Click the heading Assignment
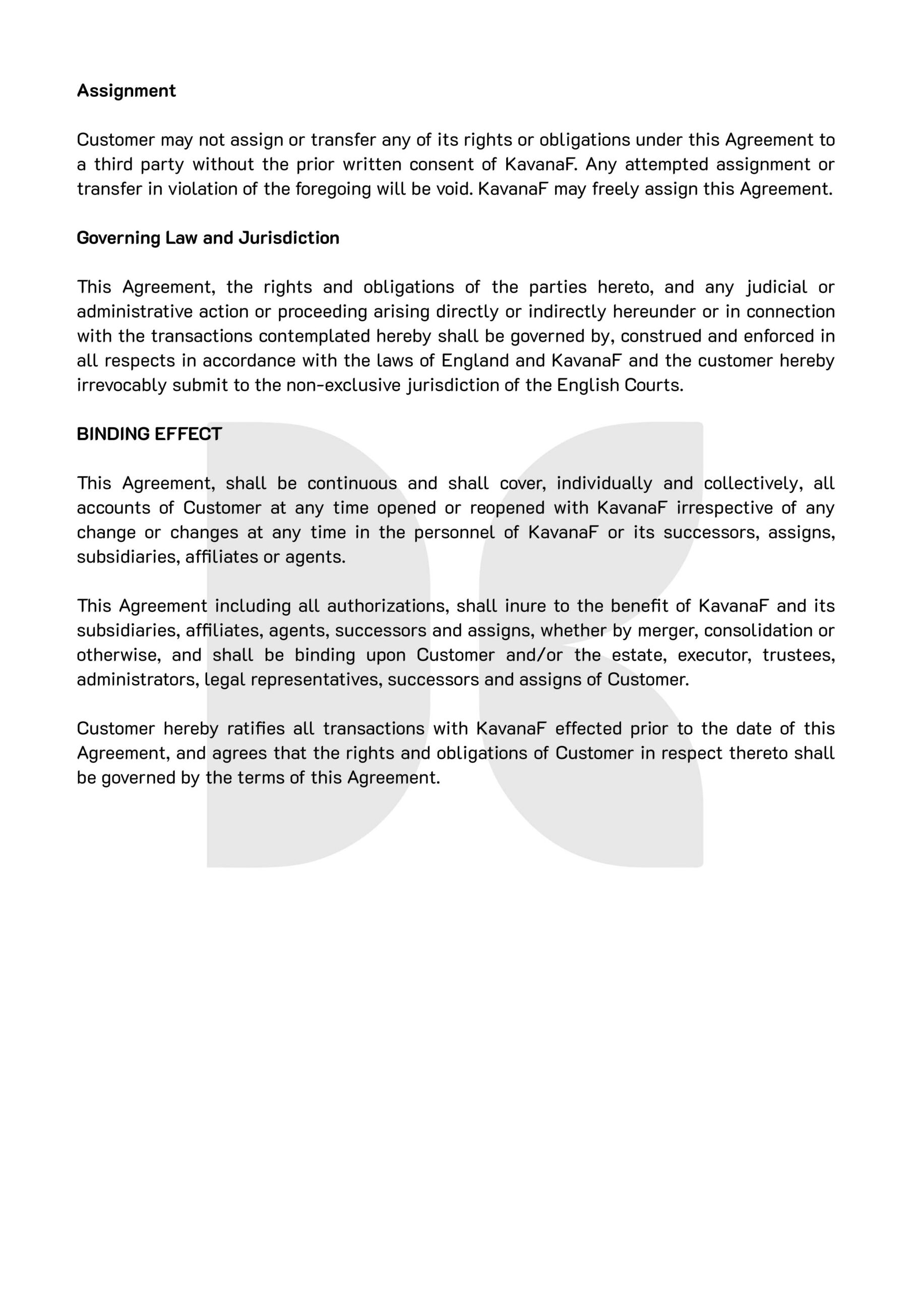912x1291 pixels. (x=126, y=91)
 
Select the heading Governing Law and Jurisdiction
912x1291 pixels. (x=208, y=238)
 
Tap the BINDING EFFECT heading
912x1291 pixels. (x=149, y=434)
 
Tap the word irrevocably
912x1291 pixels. (x=121, y=385)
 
